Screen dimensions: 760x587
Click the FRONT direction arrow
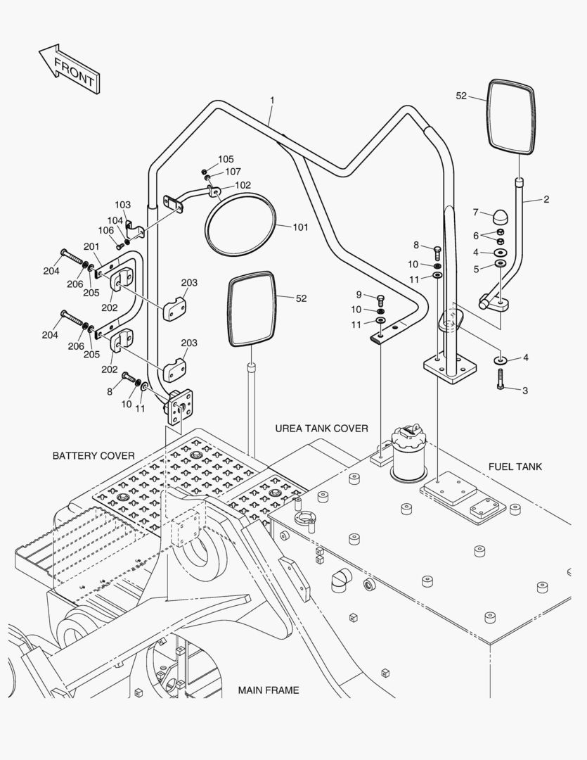tap(68, 69)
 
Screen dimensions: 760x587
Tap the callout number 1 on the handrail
tap(271, 101)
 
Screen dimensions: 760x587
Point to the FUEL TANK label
tap(515, 467)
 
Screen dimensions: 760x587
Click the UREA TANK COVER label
tap(321, 428)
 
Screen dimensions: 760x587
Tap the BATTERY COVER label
tap(93, 456)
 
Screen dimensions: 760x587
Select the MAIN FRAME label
tap(268, 690)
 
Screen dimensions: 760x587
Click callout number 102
tap(243, 185)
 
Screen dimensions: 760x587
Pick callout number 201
tap(92, 246)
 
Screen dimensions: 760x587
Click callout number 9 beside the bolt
tap(359, 294)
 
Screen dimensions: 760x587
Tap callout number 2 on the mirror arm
tap(546, 200)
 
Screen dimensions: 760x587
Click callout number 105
tap(226, 159)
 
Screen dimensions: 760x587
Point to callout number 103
tap(122, 205)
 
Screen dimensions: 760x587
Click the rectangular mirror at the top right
tap(511, 116)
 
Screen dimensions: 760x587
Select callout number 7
tap(475, 212)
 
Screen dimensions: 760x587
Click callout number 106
tap(105, 230)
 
